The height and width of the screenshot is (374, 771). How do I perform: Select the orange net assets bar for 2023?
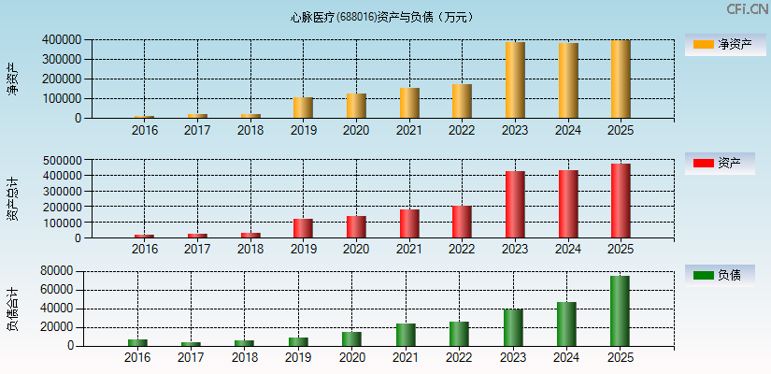click(515, 80)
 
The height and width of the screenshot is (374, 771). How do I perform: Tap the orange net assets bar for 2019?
click(303, 108)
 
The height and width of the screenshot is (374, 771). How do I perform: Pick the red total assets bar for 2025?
click(621, 201)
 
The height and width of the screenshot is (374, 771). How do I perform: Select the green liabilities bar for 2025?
click(621, 310)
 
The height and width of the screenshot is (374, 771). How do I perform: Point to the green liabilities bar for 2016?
click(137, 342)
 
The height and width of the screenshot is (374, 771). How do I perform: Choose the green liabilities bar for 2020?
click(351, 338)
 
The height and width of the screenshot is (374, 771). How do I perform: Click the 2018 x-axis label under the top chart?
click(250, 130)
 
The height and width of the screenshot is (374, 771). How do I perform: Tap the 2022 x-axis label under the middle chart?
click(462, 250)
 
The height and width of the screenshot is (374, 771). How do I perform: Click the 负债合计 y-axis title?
click(12, 309)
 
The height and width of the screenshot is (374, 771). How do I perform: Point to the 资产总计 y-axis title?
click(12, 198)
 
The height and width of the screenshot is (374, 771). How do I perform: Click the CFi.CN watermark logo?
click(747, 9)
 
